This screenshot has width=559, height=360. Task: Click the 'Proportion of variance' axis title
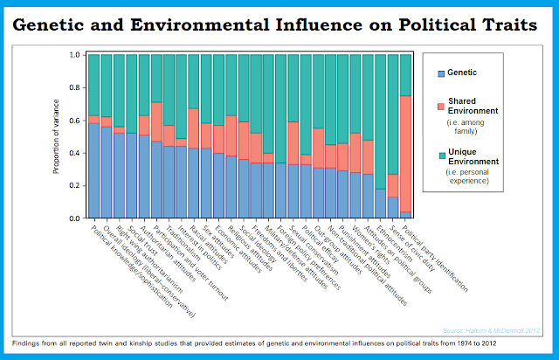[x=57, y=136]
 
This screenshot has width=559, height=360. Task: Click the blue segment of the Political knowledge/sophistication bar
[x=93, y=171]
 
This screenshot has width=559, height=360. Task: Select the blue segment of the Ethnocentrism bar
[x=381, y=204]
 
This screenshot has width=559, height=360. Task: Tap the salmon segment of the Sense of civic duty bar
[x=393, y=186]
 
